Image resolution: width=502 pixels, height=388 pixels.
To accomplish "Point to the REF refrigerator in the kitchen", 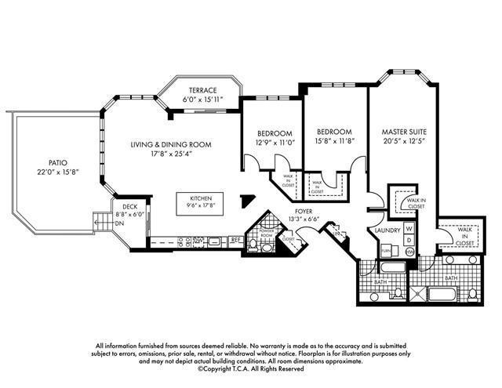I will pos(235,240).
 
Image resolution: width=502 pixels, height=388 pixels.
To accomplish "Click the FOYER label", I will pos(304,212).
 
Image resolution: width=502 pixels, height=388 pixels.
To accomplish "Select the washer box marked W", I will pos(409,228).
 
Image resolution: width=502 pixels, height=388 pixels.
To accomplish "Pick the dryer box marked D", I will pos(409,240).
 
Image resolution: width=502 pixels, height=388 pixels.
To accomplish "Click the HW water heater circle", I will pos(409,252).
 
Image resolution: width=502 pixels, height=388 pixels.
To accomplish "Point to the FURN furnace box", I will pos(386,250).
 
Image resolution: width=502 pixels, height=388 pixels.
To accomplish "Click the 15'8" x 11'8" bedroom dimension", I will pos(334,142).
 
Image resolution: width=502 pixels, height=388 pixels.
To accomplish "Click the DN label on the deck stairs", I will pos(118,223).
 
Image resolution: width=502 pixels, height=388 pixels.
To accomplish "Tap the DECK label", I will pos(129,206).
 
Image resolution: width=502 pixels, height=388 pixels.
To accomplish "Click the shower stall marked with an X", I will pos(416,295).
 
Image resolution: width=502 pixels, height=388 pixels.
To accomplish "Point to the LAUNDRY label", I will pos(387,230).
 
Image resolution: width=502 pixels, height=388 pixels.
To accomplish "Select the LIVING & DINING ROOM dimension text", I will pos(171,154).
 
